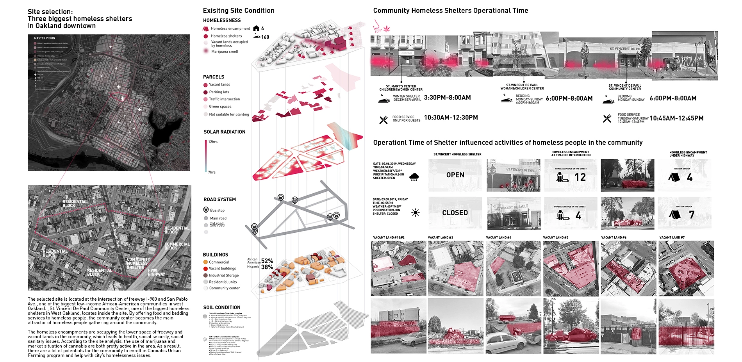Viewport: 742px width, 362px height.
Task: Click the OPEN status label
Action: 455,175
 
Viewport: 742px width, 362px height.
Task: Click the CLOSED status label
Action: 455,213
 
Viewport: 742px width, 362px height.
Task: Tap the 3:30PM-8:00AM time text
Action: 447,98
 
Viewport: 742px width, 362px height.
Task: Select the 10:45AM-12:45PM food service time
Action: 676,118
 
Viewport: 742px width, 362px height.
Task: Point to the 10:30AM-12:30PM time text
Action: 451,118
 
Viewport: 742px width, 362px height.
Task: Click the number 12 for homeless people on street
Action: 580,177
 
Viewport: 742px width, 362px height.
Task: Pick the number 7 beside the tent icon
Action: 692,215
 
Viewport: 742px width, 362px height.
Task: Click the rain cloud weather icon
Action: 414,177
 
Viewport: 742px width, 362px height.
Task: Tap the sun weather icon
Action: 416,213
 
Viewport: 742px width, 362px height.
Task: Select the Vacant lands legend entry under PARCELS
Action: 219,85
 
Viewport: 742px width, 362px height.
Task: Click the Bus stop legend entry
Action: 217,210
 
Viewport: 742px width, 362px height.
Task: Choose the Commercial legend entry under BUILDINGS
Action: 219,262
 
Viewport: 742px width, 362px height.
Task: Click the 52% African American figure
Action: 267,260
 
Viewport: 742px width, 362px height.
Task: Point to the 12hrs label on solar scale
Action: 213,142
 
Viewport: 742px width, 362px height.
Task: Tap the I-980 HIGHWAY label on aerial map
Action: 156,272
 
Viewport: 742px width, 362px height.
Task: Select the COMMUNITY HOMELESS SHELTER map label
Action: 137,263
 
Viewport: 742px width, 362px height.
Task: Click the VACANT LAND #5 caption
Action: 555,237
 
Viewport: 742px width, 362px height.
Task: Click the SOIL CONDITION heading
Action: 222,307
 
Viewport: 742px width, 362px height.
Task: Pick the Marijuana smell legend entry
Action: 224,52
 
